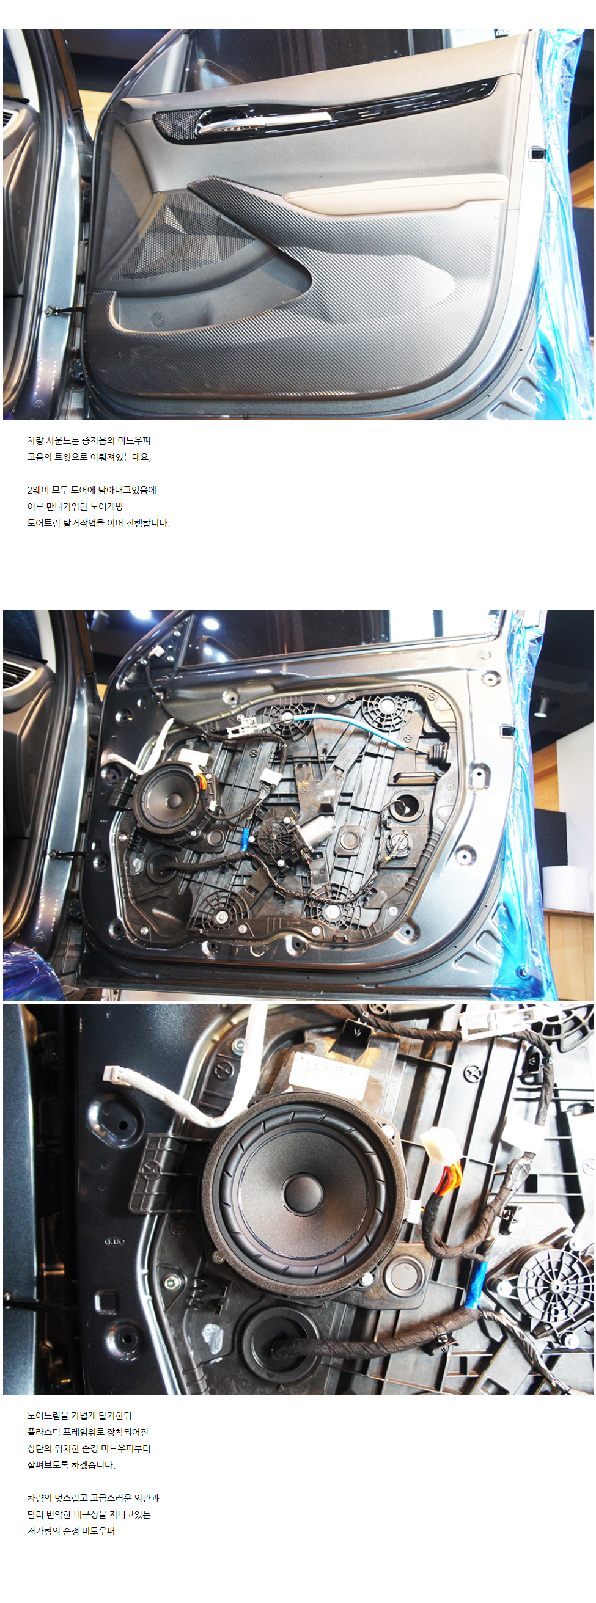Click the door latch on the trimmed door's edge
[536, 153]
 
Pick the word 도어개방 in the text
[107, 506]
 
